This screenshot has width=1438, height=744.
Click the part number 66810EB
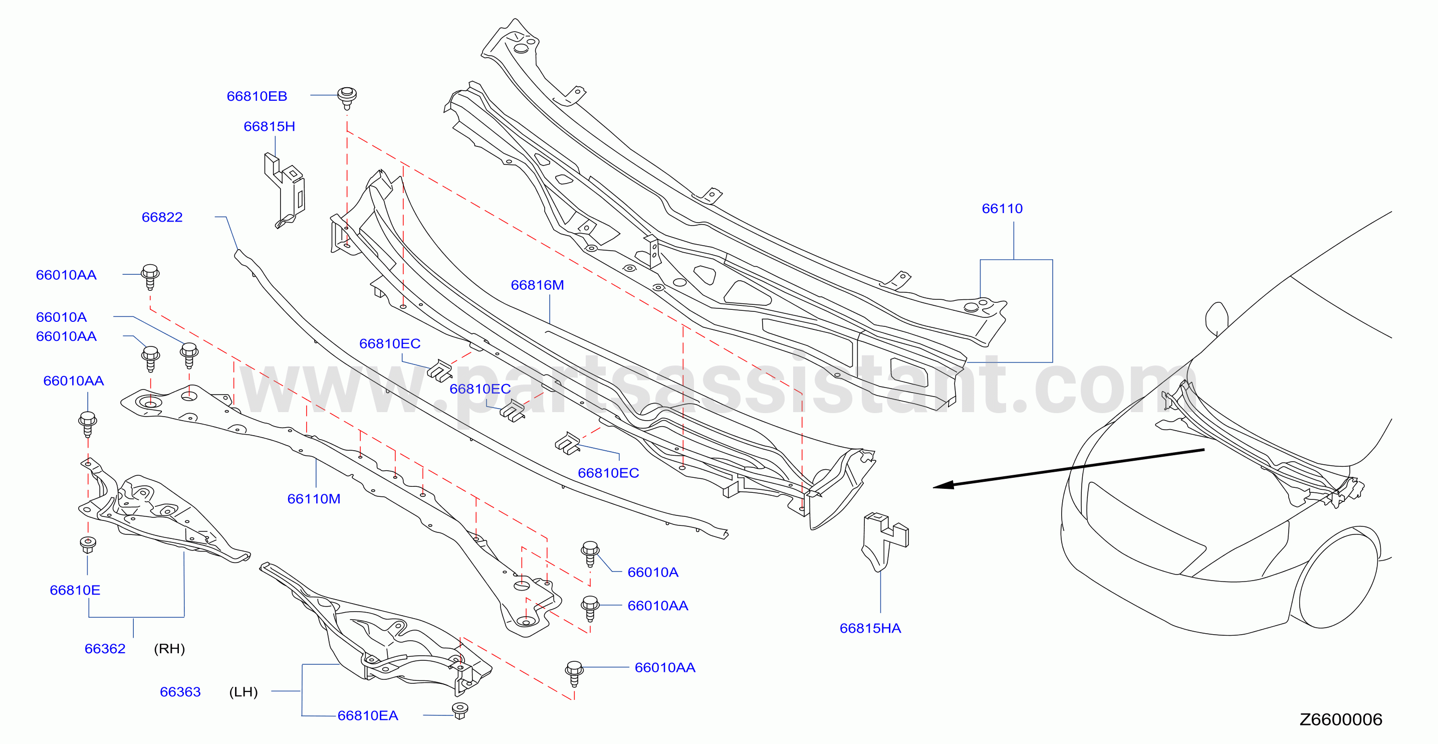click(257, 96)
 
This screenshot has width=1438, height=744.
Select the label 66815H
click(269, 126)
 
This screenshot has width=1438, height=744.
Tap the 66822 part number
click(162, 217)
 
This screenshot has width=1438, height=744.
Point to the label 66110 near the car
click(1002, 209)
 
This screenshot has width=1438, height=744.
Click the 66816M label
click(537, 285)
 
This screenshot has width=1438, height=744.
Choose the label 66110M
click(314, 499)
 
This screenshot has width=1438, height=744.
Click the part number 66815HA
click(870, 628)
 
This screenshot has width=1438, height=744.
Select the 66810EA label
click(368, 715)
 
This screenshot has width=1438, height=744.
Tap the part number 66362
click(105, 648)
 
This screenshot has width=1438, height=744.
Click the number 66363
click(180, 692)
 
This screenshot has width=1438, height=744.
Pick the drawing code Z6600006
click(1341, 719)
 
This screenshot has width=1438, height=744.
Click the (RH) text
click(169, 648)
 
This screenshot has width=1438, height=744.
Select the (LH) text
click(244, 692)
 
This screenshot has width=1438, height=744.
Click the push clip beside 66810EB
click(347, 98)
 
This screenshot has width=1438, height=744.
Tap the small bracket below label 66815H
click(285, 190)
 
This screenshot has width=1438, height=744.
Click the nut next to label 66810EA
click(459, 710)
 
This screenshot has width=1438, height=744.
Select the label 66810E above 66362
click(75, 591)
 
